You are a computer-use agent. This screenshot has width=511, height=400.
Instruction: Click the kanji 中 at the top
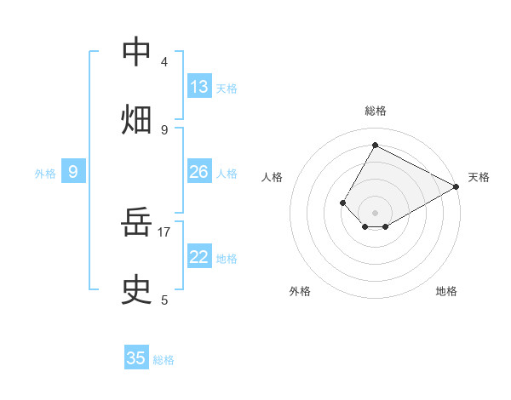136,52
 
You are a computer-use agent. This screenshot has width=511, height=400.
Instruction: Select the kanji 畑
136,119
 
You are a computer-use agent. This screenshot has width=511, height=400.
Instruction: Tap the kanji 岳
136,225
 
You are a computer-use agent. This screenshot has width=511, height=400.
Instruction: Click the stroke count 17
164,231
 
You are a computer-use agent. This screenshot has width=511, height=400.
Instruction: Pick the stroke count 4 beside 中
164,62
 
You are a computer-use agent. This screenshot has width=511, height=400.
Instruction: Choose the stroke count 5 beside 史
164,300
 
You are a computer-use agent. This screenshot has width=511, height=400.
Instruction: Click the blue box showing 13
199,87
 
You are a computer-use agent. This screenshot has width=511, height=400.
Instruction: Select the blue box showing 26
199,172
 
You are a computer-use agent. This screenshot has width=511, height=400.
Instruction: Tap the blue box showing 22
199,257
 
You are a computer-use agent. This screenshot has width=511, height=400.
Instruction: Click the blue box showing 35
136,358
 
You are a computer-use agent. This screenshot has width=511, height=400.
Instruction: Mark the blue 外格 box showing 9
73,172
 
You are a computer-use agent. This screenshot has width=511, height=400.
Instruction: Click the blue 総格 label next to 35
164,360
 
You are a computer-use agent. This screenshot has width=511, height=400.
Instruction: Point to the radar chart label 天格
479,177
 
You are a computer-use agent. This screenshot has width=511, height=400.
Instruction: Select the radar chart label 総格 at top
375,111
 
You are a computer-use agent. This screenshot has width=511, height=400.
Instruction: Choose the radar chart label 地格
446,291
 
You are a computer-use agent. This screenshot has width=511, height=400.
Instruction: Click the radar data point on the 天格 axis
456,187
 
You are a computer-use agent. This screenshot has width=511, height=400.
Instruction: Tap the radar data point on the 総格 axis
375,145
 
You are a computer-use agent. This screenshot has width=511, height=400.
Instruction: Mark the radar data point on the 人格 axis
343,203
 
